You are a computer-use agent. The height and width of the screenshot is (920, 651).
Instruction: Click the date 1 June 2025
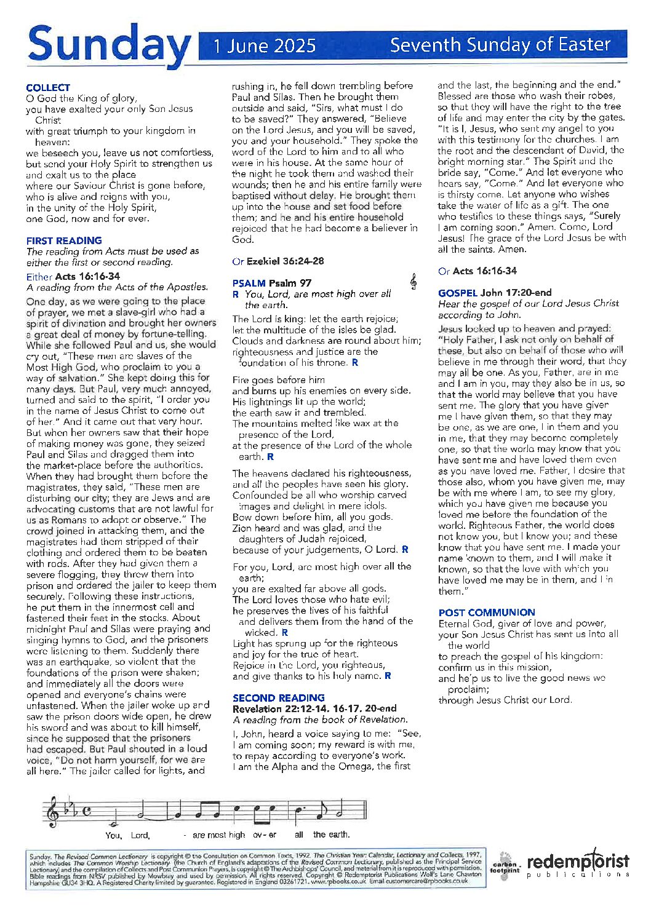click(x=265, y=46)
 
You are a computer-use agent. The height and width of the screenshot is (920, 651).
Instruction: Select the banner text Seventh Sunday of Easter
click(x=500, y=45)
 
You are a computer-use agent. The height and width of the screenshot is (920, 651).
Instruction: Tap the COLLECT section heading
click(x=48, y=88)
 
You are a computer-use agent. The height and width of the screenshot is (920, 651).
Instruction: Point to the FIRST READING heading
click(x=64, y=240)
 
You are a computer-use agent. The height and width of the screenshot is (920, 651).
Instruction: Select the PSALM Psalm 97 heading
click(x=272, y=283)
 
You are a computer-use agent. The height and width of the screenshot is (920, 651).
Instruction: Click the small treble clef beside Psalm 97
click(x=413, y=282)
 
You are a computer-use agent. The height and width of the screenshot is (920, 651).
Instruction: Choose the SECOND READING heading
click(x=278, y=697)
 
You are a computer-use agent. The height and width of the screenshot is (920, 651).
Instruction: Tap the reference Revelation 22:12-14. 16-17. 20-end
click(x=314, y=708)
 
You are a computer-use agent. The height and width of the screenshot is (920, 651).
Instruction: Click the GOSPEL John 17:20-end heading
click(x=495, y=293)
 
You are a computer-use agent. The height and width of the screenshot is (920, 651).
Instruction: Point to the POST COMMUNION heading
click(x=487, y=613)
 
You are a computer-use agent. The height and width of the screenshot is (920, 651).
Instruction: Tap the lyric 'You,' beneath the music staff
click(x=113, y=835)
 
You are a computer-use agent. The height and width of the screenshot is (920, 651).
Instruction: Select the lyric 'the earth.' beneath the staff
click(x=331, y=835)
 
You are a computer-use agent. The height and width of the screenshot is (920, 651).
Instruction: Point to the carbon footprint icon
click(x=505, y=866)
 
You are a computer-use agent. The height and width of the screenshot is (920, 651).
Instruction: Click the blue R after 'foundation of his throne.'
click(x=355, y=363)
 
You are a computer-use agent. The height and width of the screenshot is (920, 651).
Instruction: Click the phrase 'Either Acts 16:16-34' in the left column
click(x=73, y=277)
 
